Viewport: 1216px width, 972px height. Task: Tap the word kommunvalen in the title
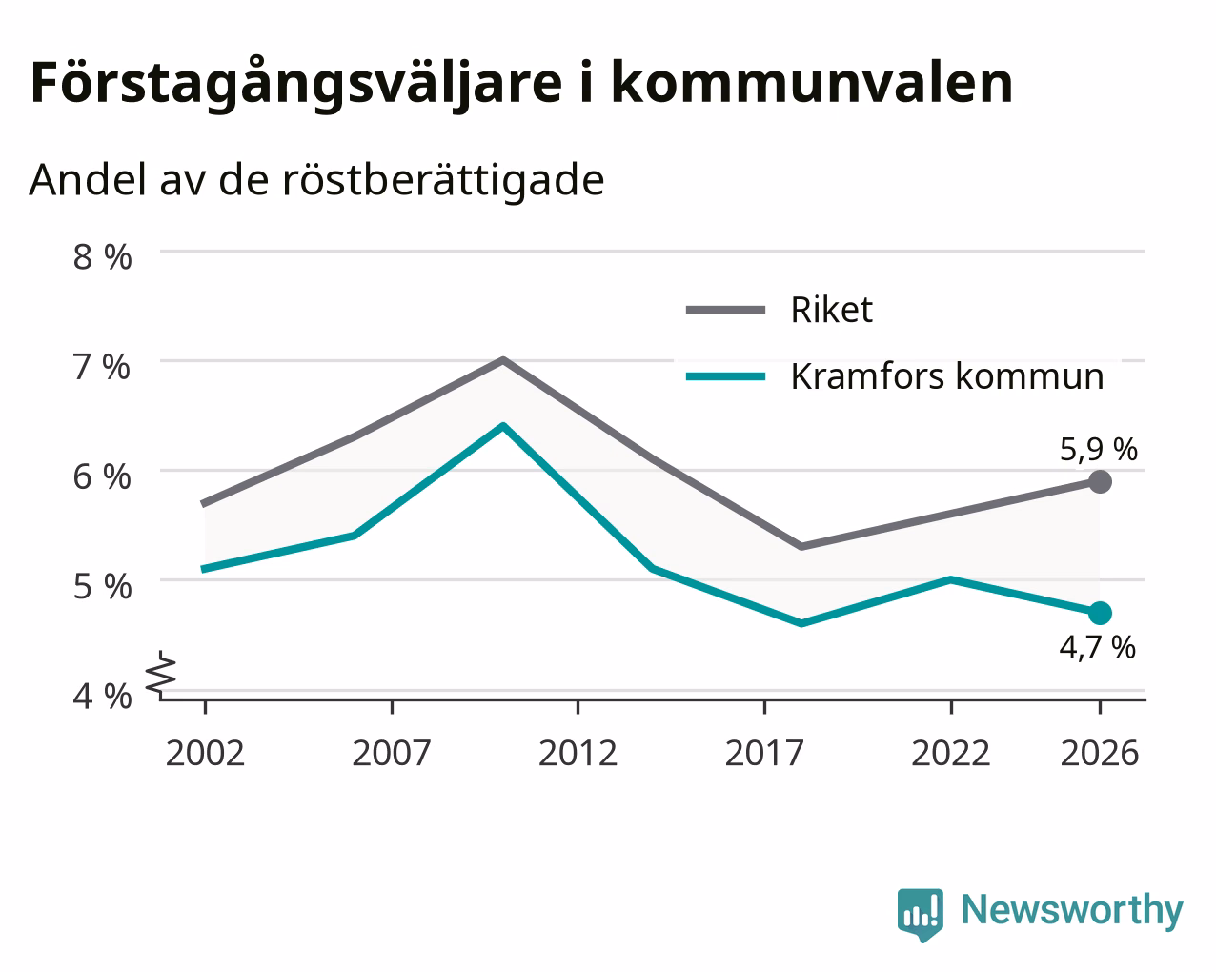812,82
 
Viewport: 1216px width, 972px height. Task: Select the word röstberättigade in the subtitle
443,180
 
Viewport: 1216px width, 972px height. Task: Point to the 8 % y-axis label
102,257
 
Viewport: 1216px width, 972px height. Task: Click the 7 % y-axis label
102,367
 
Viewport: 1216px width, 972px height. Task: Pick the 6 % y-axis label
102,476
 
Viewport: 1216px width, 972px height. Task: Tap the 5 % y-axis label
102,586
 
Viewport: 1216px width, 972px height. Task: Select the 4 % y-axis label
102,696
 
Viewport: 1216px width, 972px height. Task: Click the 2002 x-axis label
205,753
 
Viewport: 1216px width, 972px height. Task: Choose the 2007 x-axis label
392,753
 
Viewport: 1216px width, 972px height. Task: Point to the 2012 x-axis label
578,753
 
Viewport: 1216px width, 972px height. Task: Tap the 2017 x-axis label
764,753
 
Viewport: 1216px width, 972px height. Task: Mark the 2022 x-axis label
951,753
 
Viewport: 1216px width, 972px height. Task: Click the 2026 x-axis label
1100,753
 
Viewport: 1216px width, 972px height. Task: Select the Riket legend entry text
832,310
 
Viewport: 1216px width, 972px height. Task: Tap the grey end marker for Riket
1100,481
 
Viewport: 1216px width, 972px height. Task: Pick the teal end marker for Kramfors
1100,613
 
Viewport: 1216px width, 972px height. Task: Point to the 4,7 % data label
1097,647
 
